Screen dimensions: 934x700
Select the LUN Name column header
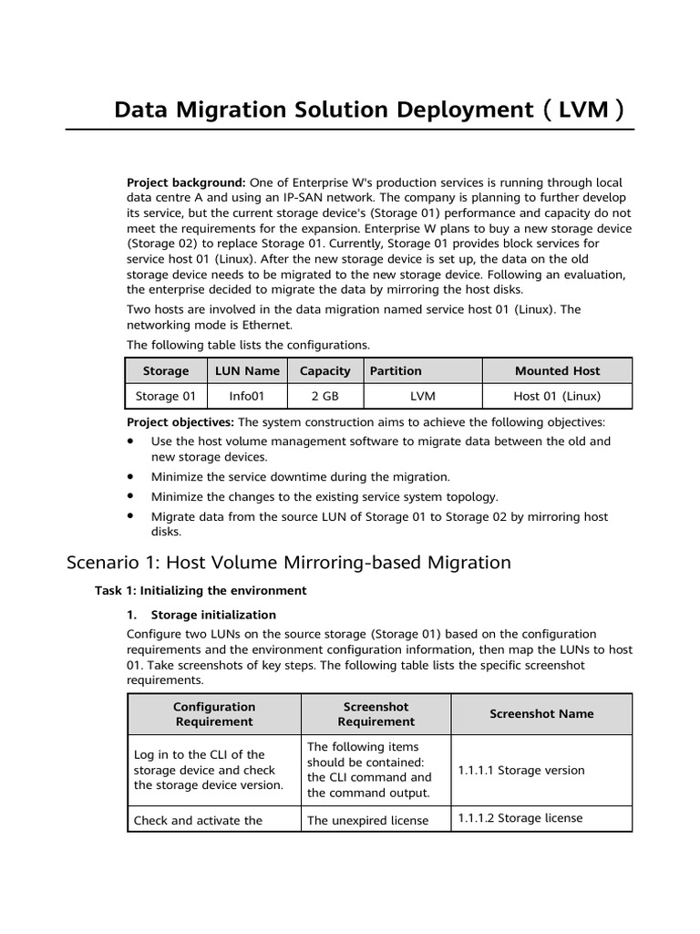(x=247, y=371)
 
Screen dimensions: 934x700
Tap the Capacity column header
(x=324, y=371)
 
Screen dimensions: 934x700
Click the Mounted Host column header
(x=557, y=371)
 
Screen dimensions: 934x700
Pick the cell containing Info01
(x=247, y=396)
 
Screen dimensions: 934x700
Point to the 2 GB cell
(x=324, y=396)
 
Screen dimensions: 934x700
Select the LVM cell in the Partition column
(x=422, y=396)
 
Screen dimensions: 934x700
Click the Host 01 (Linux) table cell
(x=557, y=396)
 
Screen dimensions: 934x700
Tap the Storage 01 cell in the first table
(x=166, y=396)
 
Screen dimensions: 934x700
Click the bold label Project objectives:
(x=180, y=422)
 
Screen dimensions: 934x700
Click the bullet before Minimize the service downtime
(x=131, y=476)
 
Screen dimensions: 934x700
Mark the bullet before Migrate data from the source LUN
(x=131, y=516)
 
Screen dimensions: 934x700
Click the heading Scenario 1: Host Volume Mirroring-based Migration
(x=289, y=562)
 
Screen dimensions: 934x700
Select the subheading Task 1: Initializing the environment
(x=201, y=590)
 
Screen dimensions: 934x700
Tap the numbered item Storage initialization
(x=213, y=615)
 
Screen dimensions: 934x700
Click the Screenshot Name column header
(x=541, y=714)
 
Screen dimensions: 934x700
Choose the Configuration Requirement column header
(x=213, y=714)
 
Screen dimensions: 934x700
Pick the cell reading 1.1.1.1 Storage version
(x=520, y=770)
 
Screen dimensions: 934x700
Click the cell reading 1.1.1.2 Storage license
(x=520, y=818)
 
